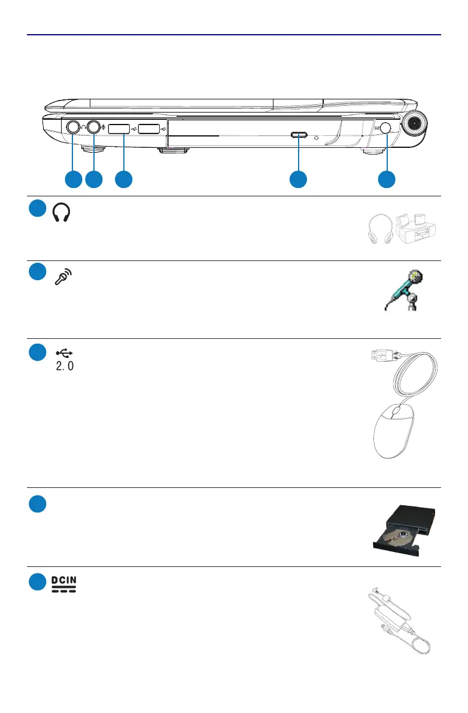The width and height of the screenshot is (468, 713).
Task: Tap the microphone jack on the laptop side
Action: [94, 127]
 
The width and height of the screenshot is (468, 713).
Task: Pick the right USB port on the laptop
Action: [149, 128]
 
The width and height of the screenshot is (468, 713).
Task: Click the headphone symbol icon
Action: [62, 213]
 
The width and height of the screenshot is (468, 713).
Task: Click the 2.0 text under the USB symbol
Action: [65, 365]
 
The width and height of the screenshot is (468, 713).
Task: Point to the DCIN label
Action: [63, 581]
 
